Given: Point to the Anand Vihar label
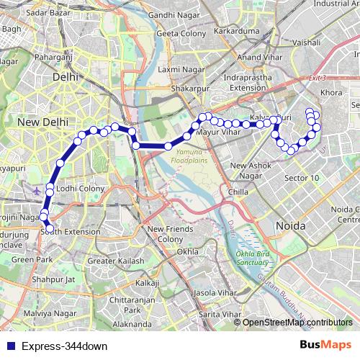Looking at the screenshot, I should pos(259,57).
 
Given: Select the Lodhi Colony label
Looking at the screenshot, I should pos(80,188).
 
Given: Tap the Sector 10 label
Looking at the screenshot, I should pos(302,177).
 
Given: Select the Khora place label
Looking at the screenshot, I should pos(331,93).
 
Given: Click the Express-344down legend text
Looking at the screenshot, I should pos(64,346).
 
